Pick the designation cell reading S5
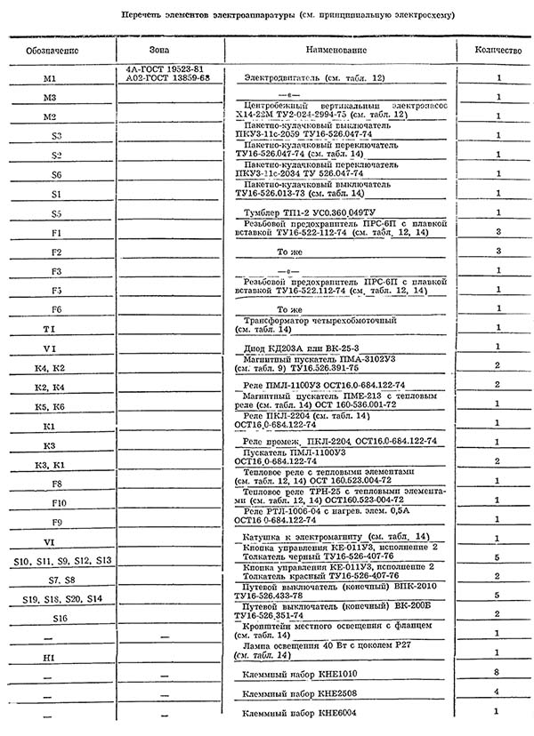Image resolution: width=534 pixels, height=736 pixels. tap(56, 213)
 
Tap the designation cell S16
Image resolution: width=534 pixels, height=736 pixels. tap(60, 616)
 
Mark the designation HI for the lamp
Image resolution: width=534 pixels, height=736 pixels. tap(50, 656)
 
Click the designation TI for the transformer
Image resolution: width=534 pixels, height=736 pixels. tap(50, 329)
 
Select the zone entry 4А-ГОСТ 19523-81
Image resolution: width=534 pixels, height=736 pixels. tap(165, 68)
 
